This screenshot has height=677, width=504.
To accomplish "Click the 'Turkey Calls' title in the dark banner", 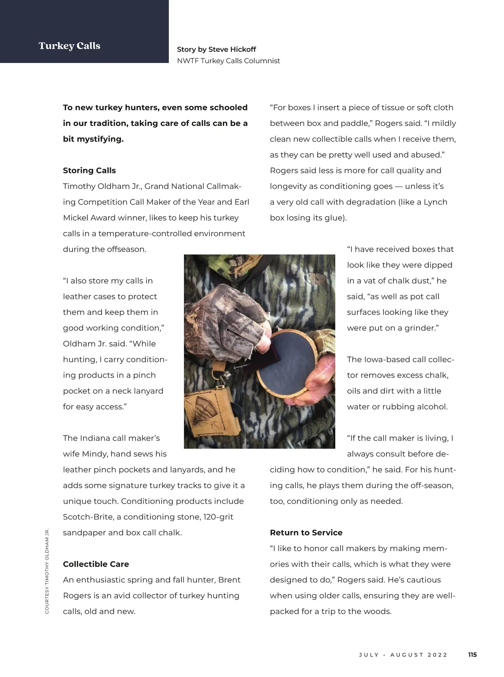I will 69,46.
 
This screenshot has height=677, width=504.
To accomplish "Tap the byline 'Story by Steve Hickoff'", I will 216,49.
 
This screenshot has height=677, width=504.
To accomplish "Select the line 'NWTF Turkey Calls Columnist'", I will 228,61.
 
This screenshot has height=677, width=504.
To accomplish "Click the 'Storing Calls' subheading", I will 89,170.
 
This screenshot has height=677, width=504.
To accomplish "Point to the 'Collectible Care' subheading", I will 96,564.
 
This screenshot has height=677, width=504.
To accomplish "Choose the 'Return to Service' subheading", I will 306,533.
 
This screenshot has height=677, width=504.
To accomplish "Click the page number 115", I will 472,655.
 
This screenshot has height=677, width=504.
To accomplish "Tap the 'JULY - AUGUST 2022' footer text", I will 403,655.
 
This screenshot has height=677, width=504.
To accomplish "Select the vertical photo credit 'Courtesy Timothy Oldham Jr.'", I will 47,571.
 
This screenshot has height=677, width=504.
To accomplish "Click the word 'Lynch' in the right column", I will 435,202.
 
